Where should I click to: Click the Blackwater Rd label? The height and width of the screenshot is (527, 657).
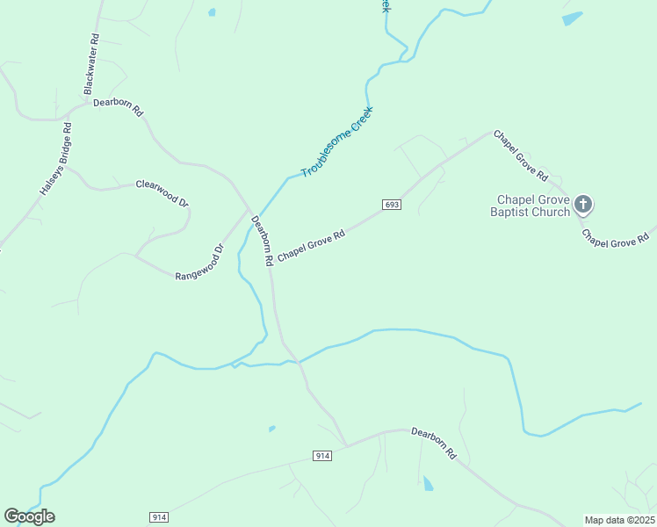tap(90, 64)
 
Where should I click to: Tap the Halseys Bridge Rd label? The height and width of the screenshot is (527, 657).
tap(55, 158)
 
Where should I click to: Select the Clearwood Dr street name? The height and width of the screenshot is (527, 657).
tap(162, 193)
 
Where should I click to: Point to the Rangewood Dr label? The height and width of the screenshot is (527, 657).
tap(200, 262)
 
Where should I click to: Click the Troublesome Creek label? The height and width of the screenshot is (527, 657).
tap(337, 141)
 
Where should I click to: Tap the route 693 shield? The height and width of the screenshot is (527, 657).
tap(392, 205)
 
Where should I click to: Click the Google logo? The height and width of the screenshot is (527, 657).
tap(29, 516)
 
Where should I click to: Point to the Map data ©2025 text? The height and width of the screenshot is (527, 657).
tap(619, 519)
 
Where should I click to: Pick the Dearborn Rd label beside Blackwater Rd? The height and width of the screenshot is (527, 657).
tap(119, 107)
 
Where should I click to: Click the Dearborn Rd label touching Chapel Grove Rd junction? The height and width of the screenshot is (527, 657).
tap(262, 242)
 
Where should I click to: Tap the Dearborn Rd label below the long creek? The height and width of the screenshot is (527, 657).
tap(435, 444)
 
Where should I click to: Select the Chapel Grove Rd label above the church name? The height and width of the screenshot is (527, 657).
tap(521, 156)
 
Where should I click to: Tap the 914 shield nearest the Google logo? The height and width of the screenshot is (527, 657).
tap(159, 517)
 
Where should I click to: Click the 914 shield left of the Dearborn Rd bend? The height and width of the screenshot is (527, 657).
tap(322, 456)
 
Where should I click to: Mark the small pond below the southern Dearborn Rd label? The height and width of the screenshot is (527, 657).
tap(428, 483)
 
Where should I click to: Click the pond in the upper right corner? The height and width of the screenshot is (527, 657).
tap(572, 18)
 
